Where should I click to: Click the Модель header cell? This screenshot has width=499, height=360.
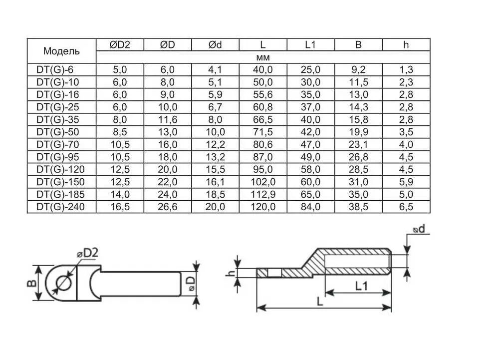point(61,51)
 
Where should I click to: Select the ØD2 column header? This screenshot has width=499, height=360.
point(120,45)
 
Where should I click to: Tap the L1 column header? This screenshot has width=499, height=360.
point(310,45)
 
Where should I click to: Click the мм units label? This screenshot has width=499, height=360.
point(263,57)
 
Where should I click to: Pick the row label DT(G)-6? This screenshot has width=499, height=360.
point(55,70)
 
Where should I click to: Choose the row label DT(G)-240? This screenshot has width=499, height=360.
point(60,207)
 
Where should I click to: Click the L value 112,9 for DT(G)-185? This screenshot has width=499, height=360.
point(263,195)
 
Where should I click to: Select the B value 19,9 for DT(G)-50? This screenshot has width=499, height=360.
point(358,132)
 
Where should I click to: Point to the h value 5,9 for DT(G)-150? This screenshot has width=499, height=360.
point(406,182)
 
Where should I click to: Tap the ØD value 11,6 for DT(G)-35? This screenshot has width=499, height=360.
point(168,120)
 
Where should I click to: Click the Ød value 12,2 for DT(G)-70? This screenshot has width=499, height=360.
point(216,144)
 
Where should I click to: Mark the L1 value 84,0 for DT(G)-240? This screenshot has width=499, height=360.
point(310,207)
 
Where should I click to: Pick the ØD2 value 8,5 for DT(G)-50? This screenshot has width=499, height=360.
point(120,132)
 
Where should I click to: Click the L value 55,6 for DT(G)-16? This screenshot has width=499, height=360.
point(263,94)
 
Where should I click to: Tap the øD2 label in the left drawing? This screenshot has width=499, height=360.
point(87,253)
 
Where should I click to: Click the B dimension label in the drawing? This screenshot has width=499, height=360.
point(31,283)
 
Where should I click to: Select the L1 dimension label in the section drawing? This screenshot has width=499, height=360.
point(361,286)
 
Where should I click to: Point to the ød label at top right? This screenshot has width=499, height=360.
point(419,229)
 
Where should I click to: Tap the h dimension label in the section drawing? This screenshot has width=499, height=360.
point(232,273)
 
